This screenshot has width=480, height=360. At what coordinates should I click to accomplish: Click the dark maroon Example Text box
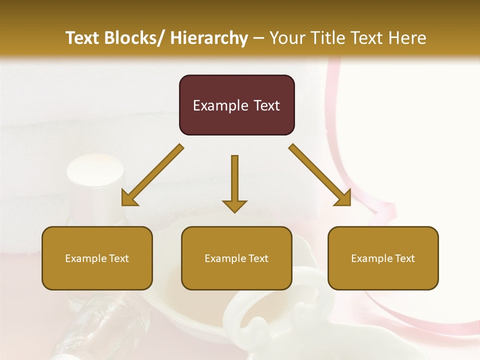click(x=236, y=105)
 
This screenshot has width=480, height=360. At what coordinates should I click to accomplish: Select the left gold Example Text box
click(x=97, y=258)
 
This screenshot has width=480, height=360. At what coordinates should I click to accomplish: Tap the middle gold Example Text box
click(x=236, y=258)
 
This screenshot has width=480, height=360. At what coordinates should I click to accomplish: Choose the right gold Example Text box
click(x=383, y=258)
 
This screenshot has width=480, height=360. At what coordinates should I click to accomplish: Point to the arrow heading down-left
click(x=152, y=175)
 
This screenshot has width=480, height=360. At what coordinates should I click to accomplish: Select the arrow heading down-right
click(x=320, y=175)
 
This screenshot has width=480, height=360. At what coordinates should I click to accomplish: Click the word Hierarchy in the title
click(x=209, y=38)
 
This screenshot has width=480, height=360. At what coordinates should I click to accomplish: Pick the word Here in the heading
click(x=408, y=38)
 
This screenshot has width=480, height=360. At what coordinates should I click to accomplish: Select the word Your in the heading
click(x=286, y=38)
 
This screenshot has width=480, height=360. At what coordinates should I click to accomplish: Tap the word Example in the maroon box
click(x=220, y=105)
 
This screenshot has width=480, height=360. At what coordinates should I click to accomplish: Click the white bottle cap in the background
click(x=95, y=172)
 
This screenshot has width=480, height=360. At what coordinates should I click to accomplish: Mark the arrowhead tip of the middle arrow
click(x=234, y=212)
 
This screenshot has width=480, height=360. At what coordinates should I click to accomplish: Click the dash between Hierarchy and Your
click(x=258, y=38)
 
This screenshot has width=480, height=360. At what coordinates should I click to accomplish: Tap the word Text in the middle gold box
click(x=257, y=258)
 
